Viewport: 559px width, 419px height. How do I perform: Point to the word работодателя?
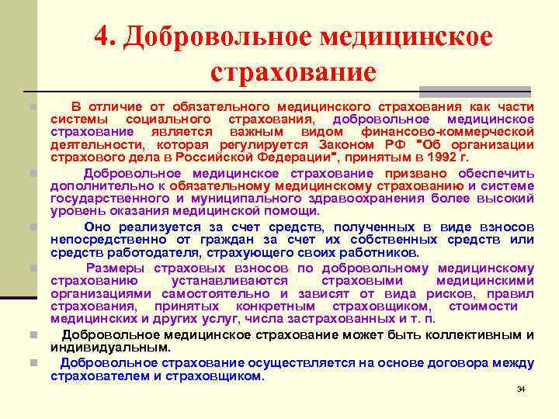click(x=130, y=253)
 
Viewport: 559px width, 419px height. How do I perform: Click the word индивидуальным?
click(x=109, y=348)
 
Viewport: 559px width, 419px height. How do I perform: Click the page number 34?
click(x=521, y=389)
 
